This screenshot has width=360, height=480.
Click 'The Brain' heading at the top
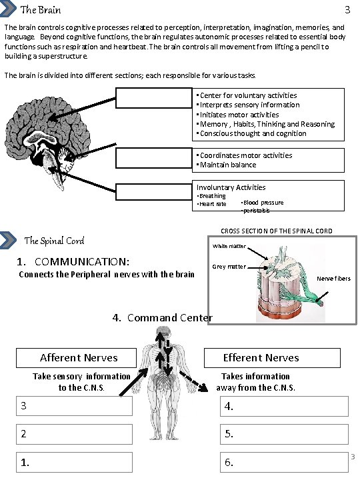coord(41,10)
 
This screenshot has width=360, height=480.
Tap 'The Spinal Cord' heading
coord(53,241)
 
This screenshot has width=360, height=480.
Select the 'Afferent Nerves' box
coord(79,358)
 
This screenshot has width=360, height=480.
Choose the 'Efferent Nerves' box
coord(261,358)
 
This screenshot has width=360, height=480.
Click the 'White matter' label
coord(229,247)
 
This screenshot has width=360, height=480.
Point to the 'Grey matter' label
coord(229,267)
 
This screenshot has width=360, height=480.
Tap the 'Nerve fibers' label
coord(334,279)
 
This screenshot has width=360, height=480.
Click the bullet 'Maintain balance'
coord(227,165)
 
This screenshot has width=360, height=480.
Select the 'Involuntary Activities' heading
coord(231,187)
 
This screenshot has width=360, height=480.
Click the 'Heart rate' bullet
coord(212,204)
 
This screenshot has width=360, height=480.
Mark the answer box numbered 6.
coord(284,461)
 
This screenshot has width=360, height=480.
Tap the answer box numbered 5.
coord(284,433)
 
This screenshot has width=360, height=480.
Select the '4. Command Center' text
coord(162,317)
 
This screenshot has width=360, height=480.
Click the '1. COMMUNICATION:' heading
coord(74,262)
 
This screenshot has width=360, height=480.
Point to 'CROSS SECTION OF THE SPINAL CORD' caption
coord(276,231)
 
